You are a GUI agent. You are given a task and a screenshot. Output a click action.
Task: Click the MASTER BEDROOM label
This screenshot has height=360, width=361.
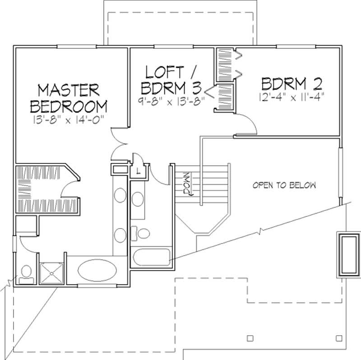[68, 98]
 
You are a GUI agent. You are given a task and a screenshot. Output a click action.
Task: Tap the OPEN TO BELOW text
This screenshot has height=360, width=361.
[284, 185]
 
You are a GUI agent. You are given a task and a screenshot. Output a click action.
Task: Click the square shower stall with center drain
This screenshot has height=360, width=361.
[52, 272]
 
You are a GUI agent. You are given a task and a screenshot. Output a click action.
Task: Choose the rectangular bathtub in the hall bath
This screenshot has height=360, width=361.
[151, 257]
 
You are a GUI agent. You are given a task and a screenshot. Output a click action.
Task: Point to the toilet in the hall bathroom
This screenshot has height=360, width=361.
[143, 234]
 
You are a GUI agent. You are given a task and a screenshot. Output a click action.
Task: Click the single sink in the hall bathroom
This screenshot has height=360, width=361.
[139, 199]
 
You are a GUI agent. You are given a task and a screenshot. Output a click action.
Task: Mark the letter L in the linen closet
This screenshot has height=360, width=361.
[137, 170]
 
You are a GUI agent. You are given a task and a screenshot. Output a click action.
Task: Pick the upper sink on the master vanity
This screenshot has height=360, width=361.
[120, 195]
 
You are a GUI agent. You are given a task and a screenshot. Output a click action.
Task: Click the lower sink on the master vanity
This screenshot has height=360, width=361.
[120, 235]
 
